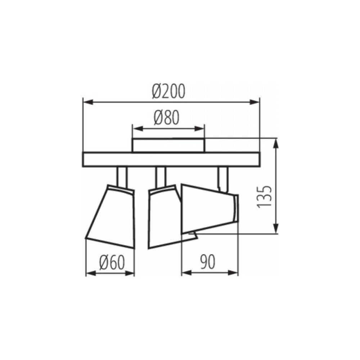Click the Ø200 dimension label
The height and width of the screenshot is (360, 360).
[168, 91]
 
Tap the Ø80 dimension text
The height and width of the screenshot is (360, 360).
[166, 118]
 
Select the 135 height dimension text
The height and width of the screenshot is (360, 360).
[264, 197]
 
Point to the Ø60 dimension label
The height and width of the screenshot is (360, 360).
[112, 262]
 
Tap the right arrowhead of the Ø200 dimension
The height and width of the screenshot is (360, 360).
[255, 102]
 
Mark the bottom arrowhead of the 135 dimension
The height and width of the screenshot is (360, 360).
[276, 228]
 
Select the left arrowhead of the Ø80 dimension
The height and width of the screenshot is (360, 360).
[138, 129]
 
